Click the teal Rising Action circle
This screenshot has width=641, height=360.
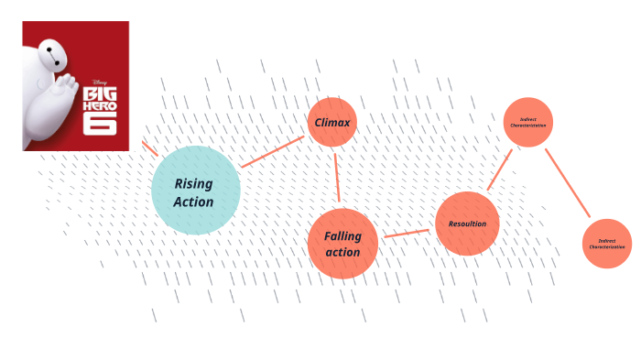tap(195, 191)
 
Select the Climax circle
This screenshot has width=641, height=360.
tap(331, 123)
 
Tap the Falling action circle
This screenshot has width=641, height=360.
tap(342, 243)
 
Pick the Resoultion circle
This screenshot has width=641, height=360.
tap(467, 224)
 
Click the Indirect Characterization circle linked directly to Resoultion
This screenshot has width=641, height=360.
tap(528, 123)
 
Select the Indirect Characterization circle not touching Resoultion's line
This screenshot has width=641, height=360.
tap(606, 244)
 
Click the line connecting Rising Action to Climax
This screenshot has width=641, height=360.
tap(272, 151)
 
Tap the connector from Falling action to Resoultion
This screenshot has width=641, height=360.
tap(407, 234)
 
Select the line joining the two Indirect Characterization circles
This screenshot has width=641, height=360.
tap(568, 183)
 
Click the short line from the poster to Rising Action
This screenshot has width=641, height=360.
tap(149, 148)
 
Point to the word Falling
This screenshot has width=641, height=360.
tap(342, 235)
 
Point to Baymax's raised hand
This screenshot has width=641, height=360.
tap(67, 87)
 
